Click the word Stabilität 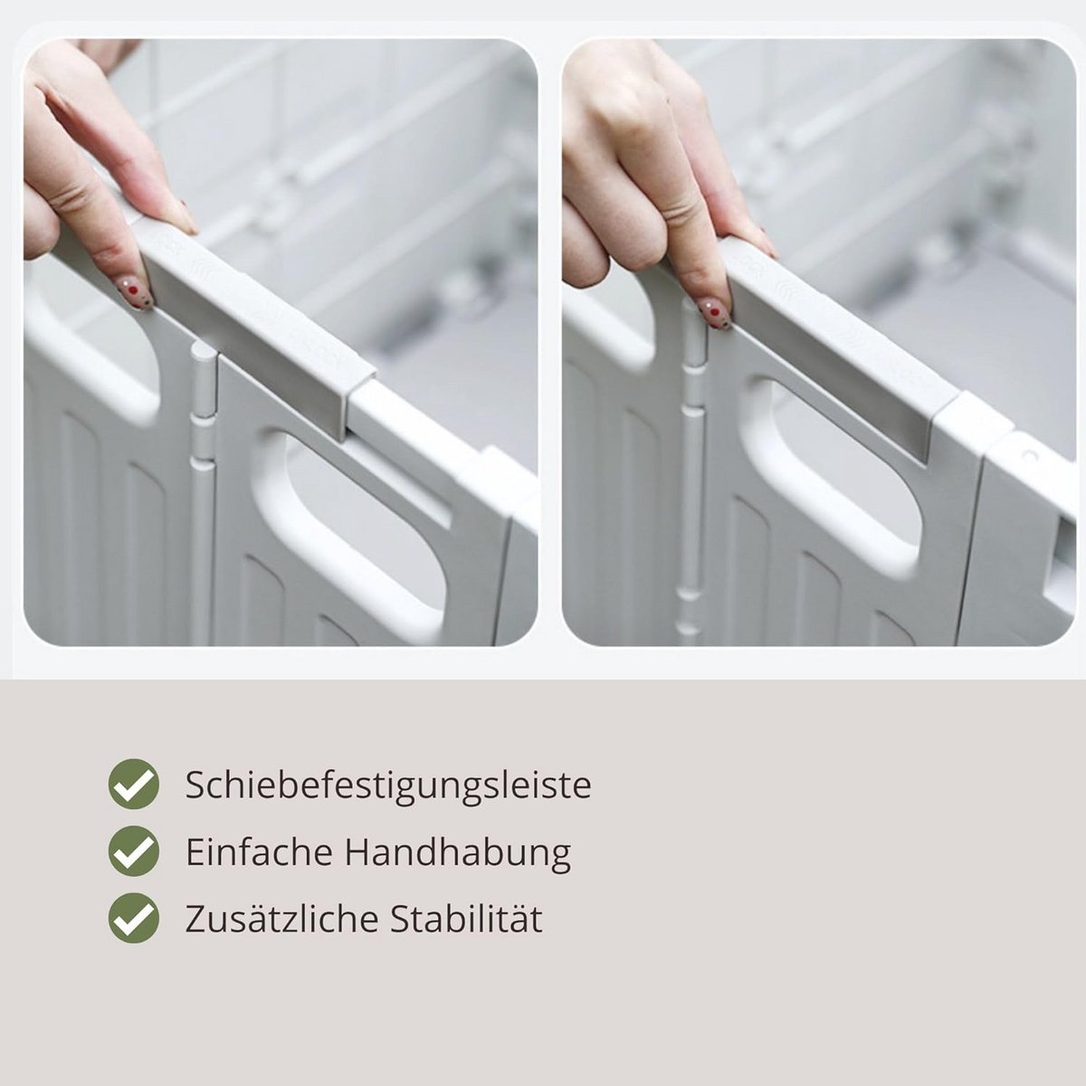pyautogui.click(x=466, y=919)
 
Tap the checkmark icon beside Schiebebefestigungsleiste pyautogui.click(x=134, y=785)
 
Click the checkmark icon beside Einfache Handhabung pyautogui.click(x=134, y=853)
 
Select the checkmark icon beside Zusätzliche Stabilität pyautogui.click(x=134, y=919)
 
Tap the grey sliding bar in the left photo pyautogui.click(x=248, y=316)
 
